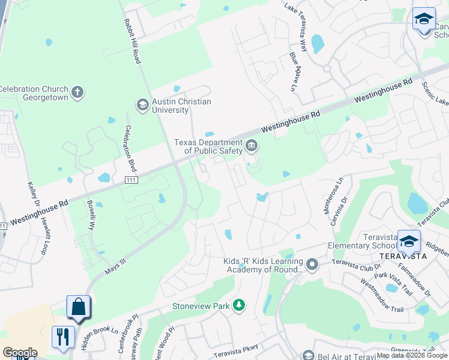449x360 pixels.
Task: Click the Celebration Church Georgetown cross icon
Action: pyautogui.click(x=76, y=92)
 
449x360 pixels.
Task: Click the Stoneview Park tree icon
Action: pyautogui.click(x=239, y=306)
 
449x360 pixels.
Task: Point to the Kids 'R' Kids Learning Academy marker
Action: pyautogui.click(x=312, y=265)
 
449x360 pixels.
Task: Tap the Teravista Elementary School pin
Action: pyautogui.click(x=409, y=241)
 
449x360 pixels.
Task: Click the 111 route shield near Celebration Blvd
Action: pyautogui.click(x=131, y=180)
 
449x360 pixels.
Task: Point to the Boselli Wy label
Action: pyautogui.click(x=92, y=215)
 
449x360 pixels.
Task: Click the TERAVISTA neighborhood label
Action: pyautogui.click(x=403, y=256)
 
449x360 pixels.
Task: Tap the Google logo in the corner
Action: pyautogui.click(x=19, y=353)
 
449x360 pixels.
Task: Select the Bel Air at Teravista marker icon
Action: pyautogui.click(x=308, y=356)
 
